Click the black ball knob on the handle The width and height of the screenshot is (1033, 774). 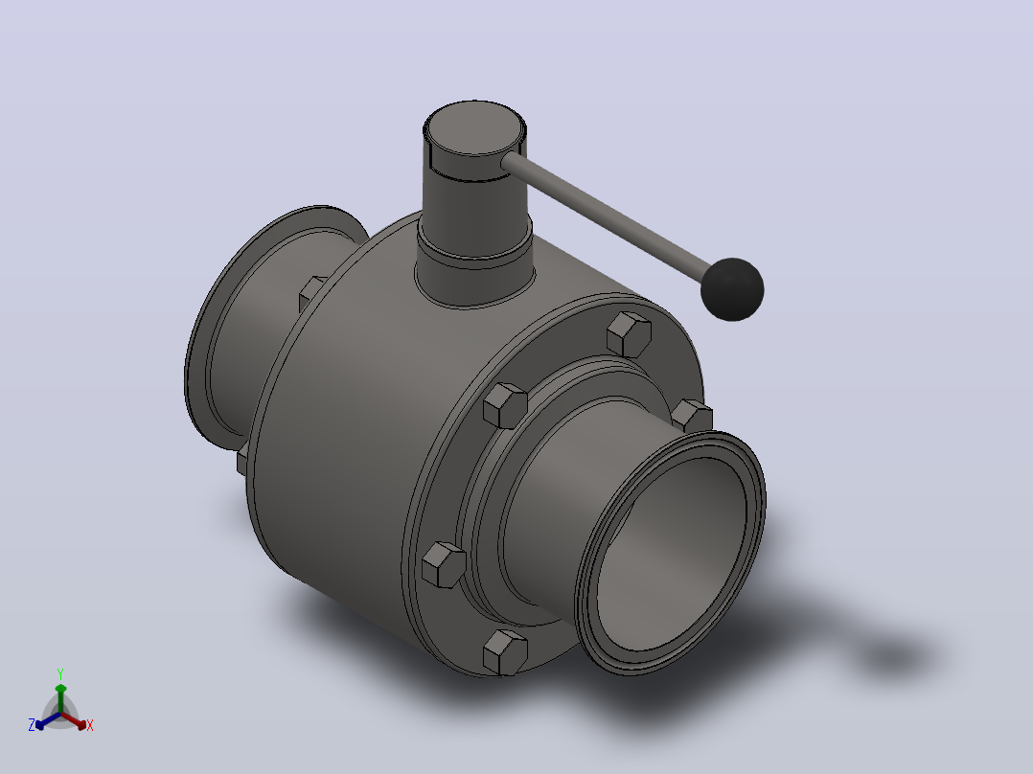[x=732, y=289]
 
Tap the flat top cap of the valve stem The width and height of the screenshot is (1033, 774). [x=475, y=127]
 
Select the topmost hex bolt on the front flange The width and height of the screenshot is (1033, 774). [x=630, y=334]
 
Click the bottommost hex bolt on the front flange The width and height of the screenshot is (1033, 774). [x=505, y=652]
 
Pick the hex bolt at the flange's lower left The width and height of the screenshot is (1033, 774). [x=444, y=564]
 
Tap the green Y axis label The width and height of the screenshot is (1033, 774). [x=60, y=674]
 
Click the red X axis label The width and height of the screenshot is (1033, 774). [x=90, y=725]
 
